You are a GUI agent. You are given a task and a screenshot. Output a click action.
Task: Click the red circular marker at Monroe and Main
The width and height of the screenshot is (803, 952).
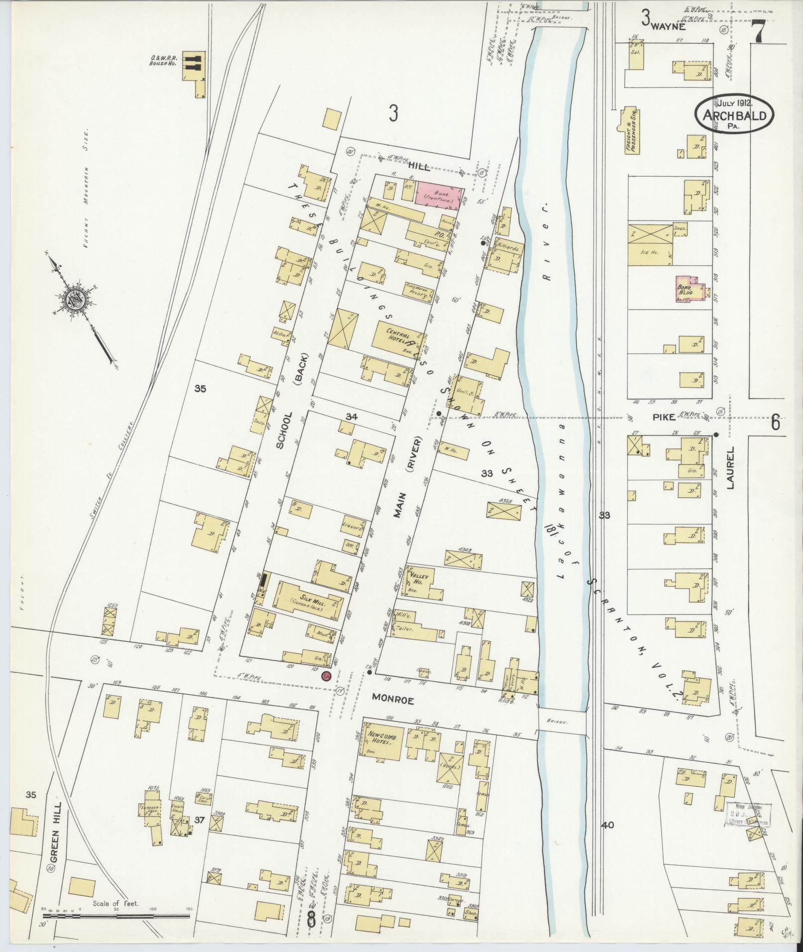(x=327, y=676)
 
